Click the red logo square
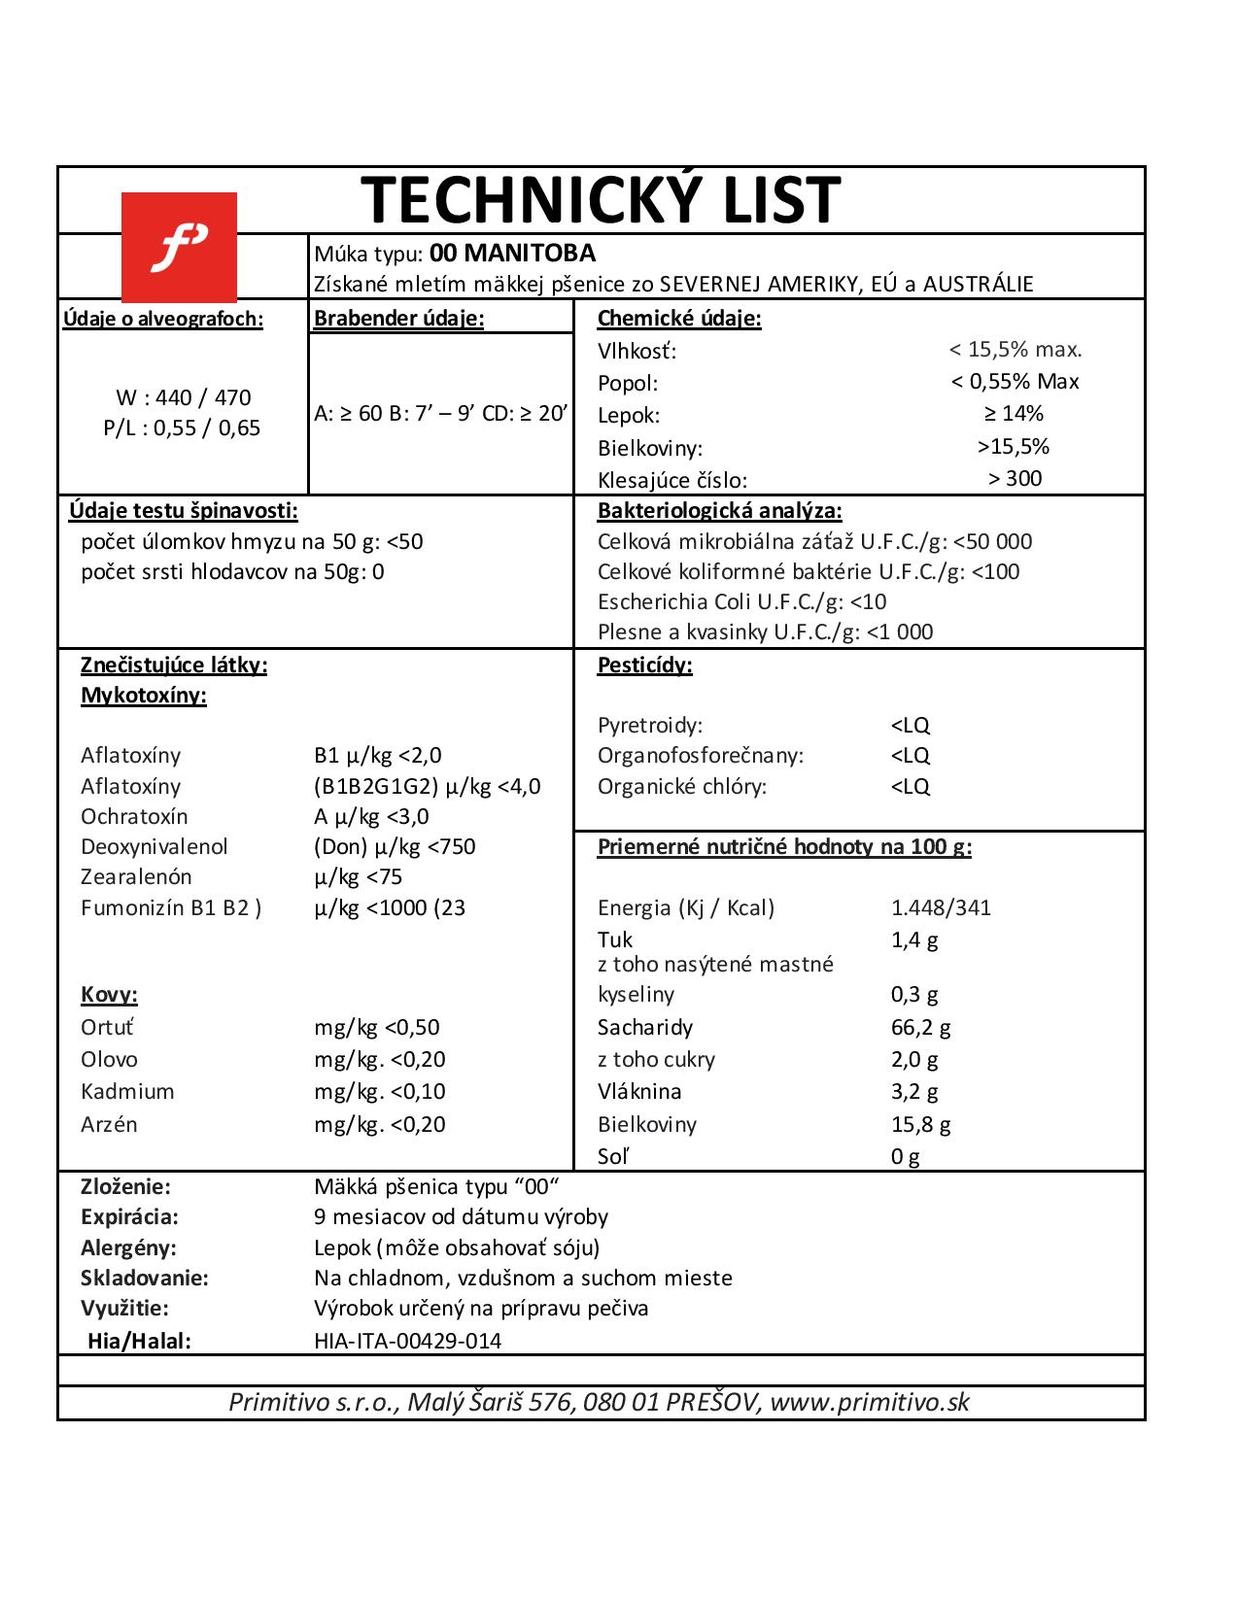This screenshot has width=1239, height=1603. (x=179, y=248)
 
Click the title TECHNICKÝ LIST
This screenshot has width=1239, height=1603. (x=601, y=200)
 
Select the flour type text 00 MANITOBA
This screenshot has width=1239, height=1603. (x=512, y=254)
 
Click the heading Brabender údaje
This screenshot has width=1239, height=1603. (x=398, y=318)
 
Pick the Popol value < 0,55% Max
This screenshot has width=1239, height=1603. (x=1015, y=382)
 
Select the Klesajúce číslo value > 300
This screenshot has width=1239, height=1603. (x=1015, y=478)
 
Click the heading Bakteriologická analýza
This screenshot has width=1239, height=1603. (x=719, y=511)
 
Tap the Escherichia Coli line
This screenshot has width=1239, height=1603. (x=742, y=601)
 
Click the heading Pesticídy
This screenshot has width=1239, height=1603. (x=644, y=665)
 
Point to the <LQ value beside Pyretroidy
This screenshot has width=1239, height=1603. (x=910, y=726)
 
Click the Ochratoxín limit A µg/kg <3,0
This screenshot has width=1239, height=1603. (x=371, y=816)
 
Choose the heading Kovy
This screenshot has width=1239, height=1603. (x=109, y=995)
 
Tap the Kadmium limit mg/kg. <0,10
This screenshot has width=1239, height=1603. (x=380, y=1091)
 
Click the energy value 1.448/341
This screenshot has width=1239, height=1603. (x=941, y=908)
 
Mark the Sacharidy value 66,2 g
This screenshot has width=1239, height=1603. (x=920, y=1027)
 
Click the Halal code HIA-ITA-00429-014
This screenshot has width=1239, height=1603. (x=408, y=1342)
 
